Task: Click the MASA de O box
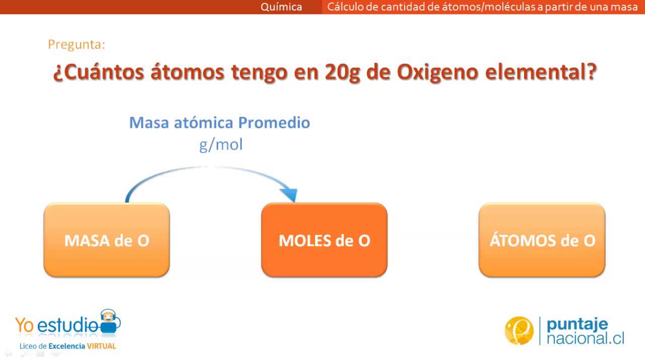pyautogui.click(x=106, y=240)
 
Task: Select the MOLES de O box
pyautogui.click(x=324, y=240)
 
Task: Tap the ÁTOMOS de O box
pyautogui.click(x=542, y=240)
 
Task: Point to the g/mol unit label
pyautogui.click(x=221, y=145)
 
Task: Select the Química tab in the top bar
pyautogui.click(x=281, y=7)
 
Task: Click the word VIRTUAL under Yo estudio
pyautogui.click(x=101, y=346)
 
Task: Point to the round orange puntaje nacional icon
pyautogui.click(x=519, y=331)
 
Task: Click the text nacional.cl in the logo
pyautogui.click(x=585, y=338)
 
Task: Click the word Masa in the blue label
pyautogui.click(x=147, y=123)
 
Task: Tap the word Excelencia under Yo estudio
pyautogui.click(x=67, y=346)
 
